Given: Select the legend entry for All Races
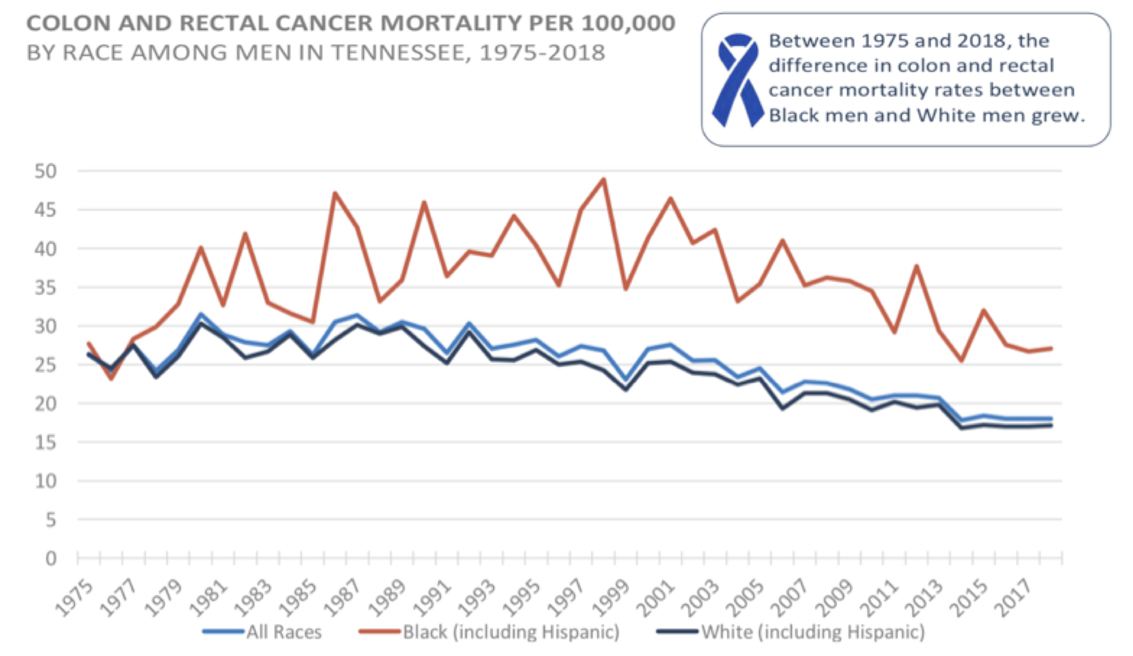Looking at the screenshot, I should pos(262,632).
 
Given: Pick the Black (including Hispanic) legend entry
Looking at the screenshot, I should pos(489,632).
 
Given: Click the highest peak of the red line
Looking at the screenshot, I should pos(604,179).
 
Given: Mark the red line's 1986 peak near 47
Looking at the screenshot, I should pos(335,193).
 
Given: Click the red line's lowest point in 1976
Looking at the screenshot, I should pos(111,378).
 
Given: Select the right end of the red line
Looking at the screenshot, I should pos(1051,348).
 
